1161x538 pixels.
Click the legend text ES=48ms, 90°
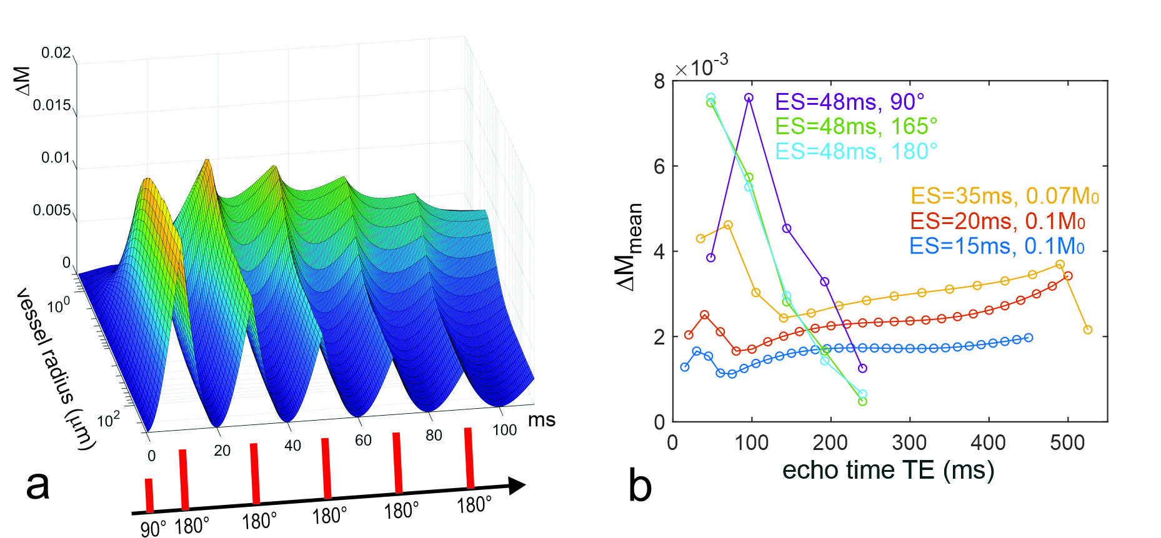coord(849,102)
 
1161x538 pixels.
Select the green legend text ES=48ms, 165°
coord(856,127)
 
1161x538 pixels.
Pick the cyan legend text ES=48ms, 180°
coord(856,152)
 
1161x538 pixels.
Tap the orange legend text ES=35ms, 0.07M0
coord(1004,197)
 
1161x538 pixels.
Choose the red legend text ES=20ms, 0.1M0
coord(997,222)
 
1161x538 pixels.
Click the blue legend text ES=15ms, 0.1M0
coord(997,247)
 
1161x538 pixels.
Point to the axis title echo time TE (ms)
coord(888,470)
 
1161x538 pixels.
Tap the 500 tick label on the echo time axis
coord(1067,443)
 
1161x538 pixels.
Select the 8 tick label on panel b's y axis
coord(659,82)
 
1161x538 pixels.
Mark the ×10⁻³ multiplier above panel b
coord(701,66)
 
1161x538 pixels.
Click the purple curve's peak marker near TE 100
coord(749,98)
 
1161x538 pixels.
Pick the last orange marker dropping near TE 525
coord(1087,330)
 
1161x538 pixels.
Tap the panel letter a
coord(37,485)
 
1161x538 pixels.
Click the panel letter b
coord(640,486)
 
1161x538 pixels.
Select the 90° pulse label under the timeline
coord(152,529)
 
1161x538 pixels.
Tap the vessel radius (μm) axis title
coord(56,368)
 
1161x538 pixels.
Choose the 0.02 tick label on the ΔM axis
coord(56,53)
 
